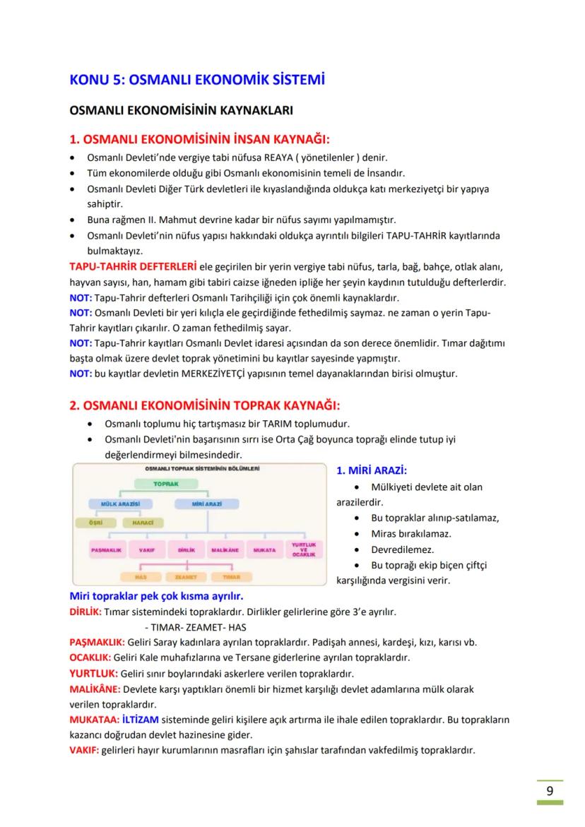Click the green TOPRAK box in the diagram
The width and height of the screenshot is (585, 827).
pyautogui.click(x=167, y=484)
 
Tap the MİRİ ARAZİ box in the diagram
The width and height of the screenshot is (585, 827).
pyautogui.click(x=207, y=504)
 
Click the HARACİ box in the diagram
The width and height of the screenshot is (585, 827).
pyautogui.click(x=143, y=523)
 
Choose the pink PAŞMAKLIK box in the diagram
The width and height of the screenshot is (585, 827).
pyautogui.click(x=107, y=549)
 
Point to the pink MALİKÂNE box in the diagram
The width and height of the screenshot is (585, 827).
pyautogui.click(x=226, y=549)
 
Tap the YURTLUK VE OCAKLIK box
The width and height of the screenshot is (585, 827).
pyautogui.click(x=303, y=549)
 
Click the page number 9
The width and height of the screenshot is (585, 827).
pyautogui.click(x=550, y=790)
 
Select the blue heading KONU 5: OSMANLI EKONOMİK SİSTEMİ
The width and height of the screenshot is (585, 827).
pyautogui.click(x=197, y=80)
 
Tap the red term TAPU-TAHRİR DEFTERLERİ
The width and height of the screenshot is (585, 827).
pyautogui.click(x=133, y=267)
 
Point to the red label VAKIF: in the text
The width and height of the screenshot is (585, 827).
pyautogui.click(x=84, y=750)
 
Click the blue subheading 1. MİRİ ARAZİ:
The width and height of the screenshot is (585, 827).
pyautogui.click(x=372, y=470)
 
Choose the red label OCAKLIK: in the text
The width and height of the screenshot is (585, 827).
pyautogui.click(x=90, y=658)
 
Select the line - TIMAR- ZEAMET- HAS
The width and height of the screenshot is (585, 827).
pyautogui.click(x=194, y=627)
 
